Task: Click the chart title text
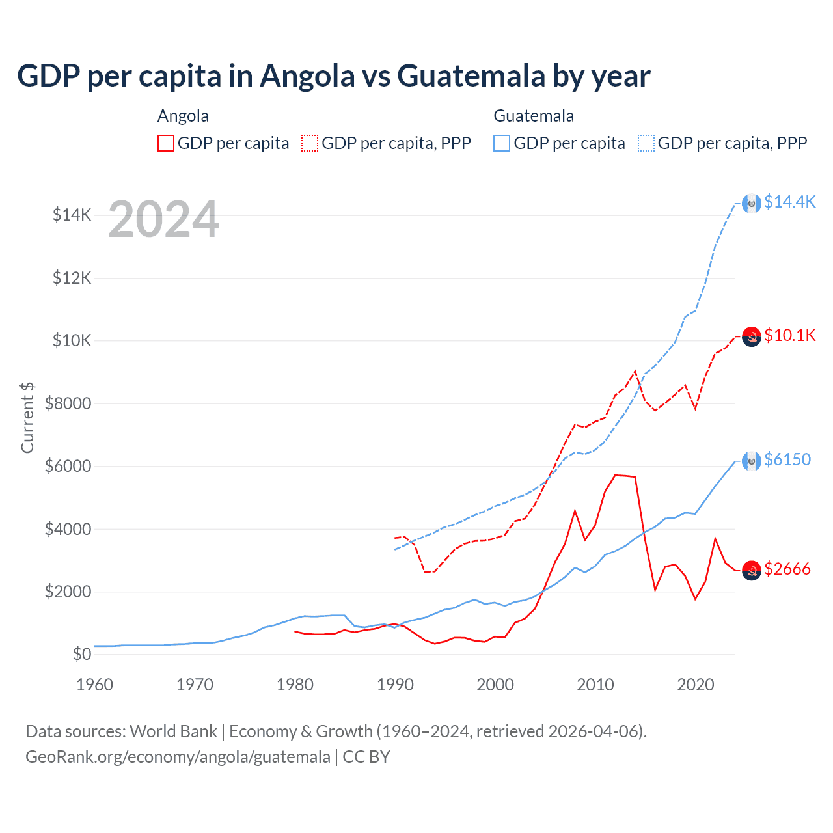click(x=333, y=76)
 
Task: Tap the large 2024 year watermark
click(x=163, y=219)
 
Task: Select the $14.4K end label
click(x=789, y=202)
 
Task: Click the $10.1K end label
click(x=789, y=335)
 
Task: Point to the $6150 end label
click(x=787, y=459)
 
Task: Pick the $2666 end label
click(x=787, y=569)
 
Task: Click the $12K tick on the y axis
click(x=72, y=278)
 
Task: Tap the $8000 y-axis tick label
click(x=68, y=403)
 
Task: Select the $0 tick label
click(x=81, y=654)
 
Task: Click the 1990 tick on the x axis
click(x=395, y=685)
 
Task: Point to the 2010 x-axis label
click(x=595, y=685)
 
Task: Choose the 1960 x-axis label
click(x=95, y=685)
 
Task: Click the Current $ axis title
click(x=27, y=418)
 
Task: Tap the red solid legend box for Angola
click(x=166, y=143)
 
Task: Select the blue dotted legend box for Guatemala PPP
click(x=646, y=143)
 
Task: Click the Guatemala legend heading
click(x=534, y=116)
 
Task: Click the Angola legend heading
click(x=183, y=116)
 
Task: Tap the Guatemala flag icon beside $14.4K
click(x=752, y=204)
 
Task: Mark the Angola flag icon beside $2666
click(x=752, y=570)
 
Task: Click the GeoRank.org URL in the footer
click(x=178, y=757)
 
